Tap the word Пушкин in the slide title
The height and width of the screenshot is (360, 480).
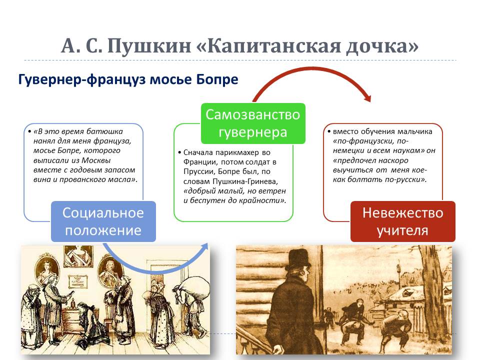(149, 46)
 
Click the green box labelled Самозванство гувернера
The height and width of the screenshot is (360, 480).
(253, 123)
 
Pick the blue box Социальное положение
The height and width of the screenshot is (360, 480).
(103, 221)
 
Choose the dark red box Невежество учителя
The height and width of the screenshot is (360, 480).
(403, 221)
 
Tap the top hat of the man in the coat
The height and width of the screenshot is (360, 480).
(298, 259)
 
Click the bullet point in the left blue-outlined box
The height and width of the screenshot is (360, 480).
(29, 131)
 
